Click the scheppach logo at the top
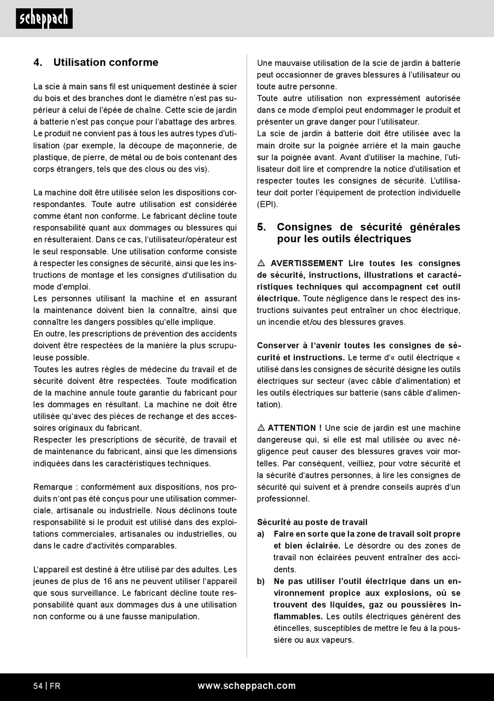pyautogui.click(x=44, y=19)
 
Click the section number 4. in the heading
pyautogui.click(x=38, y=62)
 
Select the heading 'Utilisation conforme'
pyautogui.click(x=106, y=62)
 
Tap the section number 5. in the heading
pyautogui.click(x=262, y=227)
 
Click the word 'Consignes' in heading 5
pyautogui.click(x=304, y=227)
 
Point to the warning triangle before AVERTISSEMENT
pyautogui.click(x=261, y=264)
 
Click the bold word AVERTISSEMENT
pyautogui.click(x=307, y=264)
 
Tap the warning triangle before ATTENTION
pyautogui.click(x=261, y=428)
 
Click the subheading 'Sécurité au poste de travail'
pyautogui.click(x=312, y=522)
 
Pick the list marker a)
pyautogui.click(x=261, y=534)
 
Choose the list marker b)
pyautogui.click(x=261, y=581)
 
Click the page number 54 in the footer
pyautogui.click(x=38, y=686)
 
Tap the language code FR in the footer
pyautogui.click(x=55, y=686)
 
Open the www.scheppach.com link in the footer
pyautogui.click(x=246, y=686)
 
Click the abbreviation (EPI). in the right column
pyautogui.click(x=267, y=204)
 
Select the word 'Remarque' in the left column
pyautogui.click(x=53, y=487)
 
